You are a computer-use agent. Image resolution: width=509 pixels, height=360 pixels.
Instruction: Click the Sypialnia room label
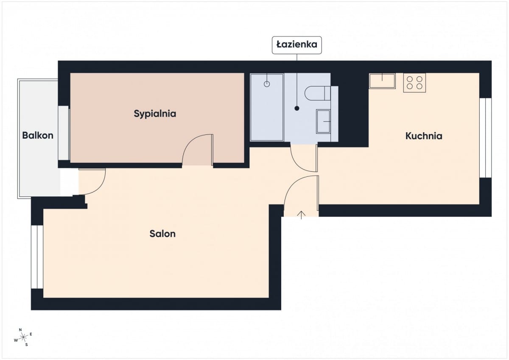pos(155,114)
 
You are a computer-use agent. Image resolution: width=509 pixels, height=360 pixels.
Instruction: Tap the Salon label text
pos(162,234)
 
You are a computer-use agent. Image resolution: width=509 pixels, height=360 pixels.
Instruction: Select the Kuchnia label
pos(424,136)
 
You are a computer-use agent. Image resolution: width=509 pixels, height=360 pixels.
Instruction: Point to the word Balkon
pos(38,136)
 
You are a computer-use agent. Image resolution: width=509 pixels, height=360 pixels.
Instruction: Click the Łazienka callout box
pos(297,45)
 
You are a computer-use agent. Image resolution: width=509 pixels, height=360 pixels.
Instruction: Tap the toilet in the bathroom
pos(317,93)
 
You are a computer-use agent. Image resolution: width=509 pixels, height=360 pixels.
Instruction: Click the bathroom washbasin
pos(323,121)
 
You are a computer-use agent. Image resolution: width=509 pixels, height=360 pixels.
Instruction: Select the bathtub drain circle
pos(267,84)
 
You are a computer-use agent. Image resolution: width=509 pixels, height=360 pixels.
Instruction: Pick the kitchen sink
pos(382,81)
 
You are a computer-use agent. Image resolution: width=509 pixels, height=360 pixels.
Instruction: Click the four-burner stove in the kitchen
pos(414,83)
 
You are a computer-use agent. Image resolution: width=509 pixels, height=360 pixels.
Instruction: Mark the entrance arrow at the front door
pos(301,215)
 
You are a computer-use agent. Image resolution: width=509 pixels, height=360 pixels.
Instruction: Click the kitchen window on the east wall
pos(485,138)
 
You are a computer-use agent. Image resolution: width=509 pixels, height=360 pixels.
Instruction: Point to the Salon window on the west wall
pos(37,257)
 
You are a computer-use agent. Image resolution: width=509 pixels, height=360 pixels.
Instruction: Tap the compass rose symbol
pos(23,338)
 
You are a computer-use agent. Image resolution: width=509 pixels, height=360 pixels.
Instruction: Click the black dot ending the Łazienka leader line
pos(297,109)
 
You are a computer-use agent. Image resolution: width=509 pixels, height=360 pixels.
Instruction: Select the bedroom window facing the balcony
pos(64,133)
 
